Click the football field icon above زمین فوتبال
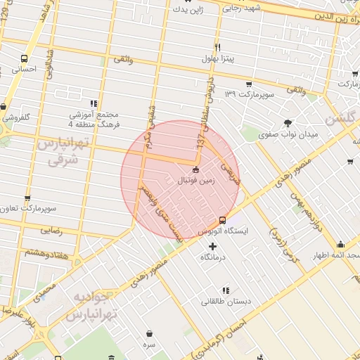pyautogui.click(x=195, y=169)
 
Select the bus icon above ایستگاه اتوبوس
pyautogui.click(x=223, y=219)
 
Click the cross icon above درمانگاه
pyautogui.click(x=213, y=246)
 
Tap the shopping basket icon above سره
pyautogui.click(x=149, y=333)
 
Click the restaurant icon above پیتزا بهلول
pyautogui.click(x=217, y=47)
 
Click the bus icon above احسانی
pyautogui.click(x=25, y=59)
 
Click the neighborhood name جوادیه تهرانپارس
pyautogui.click(x=92, y=305)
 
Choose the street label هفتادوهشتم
pyautogui.click(x=49, y=251)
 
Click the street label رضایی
pyautogui.click(x=51, y=230)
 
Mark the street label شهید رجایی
pyautogui.click(x=243, y=8)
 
